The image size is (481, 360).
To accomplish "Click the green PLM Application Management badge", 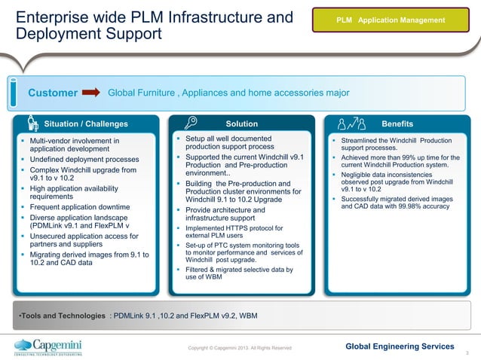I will tap(390, 20).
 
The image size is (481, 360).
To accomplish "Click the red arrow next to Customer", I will tap(90, 93).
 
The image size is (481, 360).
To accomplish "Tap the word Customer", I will tap(53, 93).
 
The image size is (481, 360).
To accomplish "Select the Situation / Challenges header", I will tap(86, 124).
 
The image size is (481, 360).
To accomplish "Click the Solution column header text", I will tap(241, 124).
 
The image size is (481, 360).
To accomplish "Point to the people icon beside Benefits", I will tap(351, 124).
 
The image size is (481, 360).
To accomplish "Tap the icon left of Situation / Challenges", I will tap(32, 124).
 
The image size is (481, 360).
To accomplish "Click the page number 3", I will tap(468, 352).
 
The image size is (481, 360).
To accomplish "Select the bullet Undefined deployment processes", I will tap(84, 160).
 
